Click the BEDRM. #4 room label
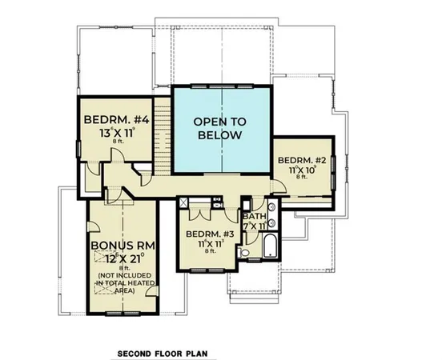click(x=114, y=121)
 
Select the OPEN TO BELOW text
click(x=219, y=128)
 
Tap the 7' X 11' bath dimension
click(x=256, y=226)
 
